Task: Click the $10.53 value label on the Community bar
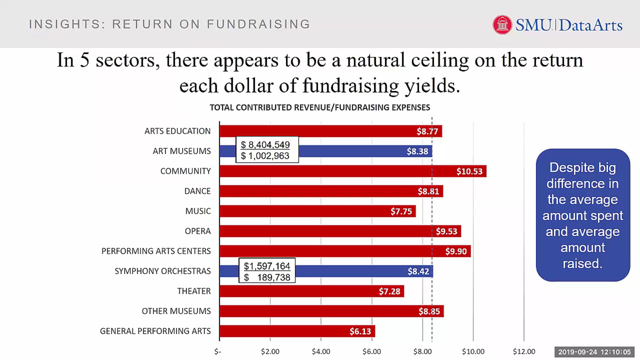469,171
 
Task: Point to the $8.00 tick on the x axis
422,351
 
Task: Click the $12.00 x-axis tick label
524,351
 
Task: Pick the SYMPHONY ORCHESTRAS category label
163,271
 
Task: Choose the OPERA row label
198,231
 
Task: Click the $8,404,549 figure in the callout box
265,145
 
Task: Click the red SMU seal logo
502,25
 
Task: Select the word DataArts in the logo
591,25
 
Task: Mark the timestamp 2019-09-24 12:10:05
594,352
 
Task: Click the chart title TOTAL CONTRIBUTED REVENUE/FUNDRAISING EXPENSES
320,107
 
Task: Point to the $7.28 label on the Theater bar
389,291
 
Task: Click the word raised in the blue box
582,264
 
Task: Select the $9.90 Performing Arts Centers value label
456,251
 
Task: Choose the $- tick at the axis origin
218,351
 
